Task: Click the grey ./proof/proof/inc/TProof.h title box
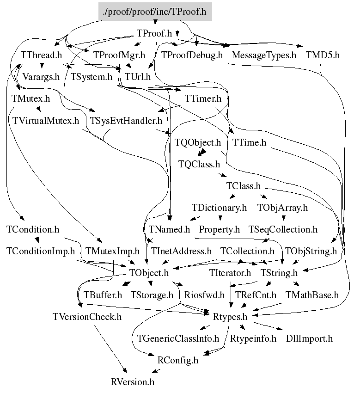[155, 12]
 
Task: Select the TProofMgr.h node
[119, 55]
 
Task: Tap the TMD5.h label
[323, 55]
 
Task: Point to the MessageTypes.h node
[264, 55]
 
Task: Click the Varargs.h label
[41, 77]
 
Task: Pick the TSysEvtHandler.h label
[126, 121]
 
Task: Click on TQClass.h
[199, 164]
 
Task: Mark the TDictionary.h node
[220, 208]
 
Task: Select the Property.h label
[220, 229]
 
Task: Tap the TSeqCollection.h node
[283, 229]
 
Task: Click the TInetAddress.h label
[181, 251]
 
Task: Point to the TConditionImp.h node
[40, 251]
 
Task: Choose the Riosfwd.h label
[204, 295]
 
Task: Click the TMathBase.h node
[312, 295]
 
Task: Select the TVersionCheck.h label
[87, 317]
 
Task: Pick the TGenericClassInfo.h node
[178, 338]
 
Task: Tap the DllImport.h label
[309, 338]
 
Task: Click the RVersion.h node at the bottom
[133, 382]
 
